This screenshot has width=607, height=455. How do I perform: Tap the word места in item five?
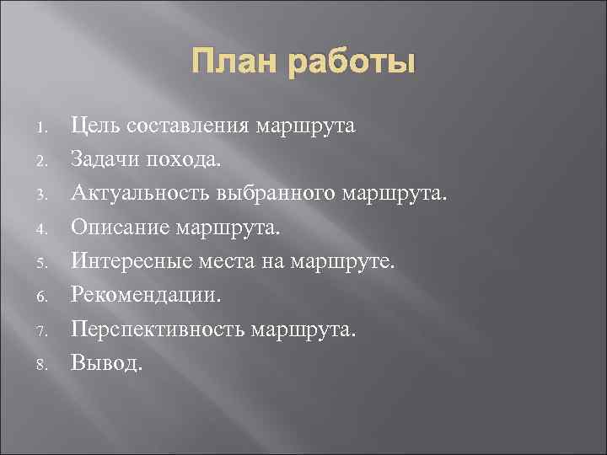226,261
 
